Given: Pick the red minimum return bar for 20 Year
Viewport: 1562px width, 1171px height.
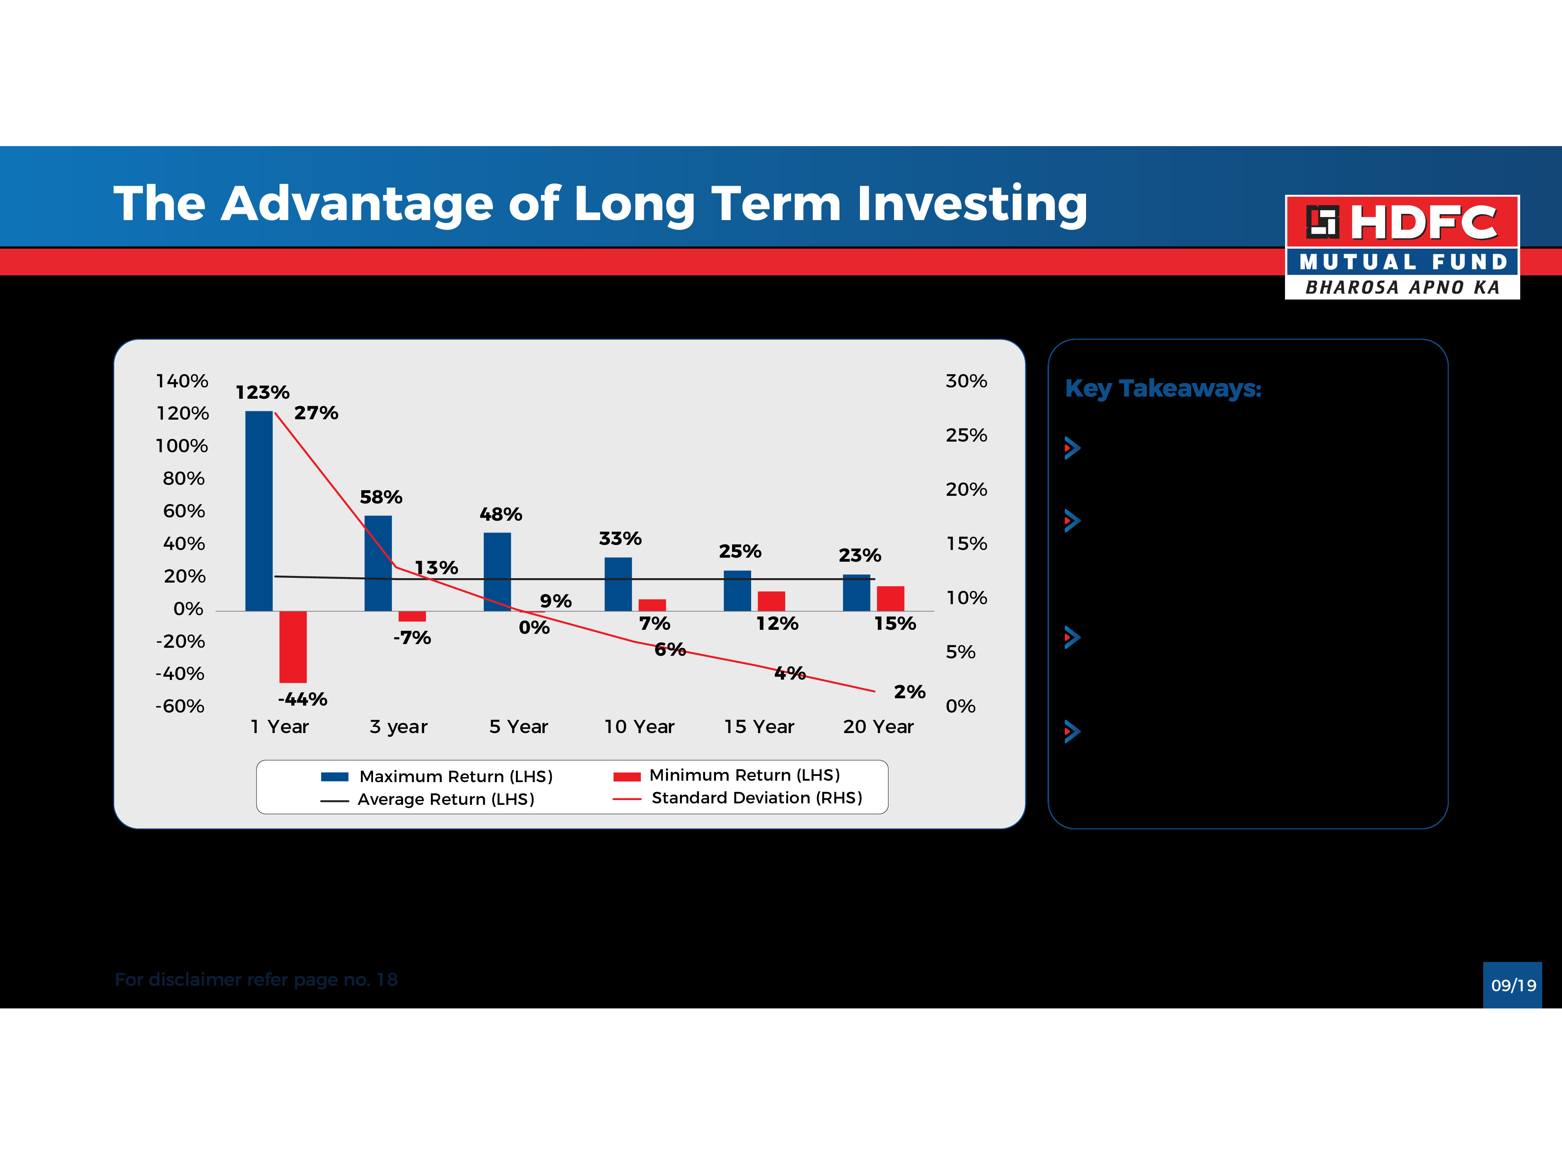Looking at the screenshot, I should click(x=890, y=599).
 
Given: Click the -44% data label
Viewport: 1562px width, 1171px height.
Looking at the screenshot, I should click(x=302, y=699).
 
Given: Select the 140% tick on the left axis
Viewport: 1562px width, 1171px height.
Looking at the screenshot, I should click(x=182, y=381).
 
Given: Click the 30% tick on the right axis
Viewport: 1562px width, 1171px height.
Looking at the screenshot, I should click(x=966, y=381).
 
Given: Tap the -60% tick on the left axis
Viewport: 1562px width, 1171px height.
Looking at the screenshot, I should click(x=180, y=707).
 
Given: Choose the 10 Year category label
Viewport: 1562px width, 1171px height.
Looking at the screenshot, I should click(x=639, y=727).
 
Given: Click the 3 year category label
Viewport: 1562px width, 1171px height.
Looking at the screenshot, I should click(x=398, y=727).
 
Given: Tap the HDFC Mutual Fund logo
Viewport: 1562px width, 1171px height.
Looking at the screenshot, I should click(x=1402, y=247).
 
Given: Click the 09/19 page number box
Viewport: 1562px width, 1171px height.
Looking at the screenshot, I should click(x=1513, y=985).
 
